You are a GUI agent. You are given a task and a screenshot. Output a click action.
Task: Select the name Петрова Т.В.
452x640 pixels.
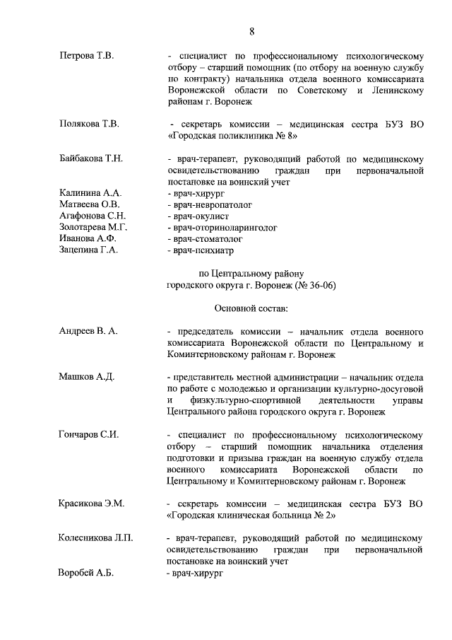coord(86,54)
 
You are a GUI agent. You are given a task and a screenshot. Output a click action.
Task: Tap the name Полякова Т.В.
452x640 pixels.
coord(89,124)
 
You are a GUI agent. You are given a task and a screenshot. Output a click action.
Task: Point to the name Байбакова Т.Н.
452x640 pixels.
coord(90,158)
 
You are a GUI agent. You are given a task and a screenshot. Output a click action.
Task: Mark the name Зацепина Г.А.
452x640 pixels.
coord(88,250)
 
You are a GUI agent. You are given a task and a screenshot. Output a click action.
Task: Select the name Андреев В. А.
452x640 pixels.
coord(88,331)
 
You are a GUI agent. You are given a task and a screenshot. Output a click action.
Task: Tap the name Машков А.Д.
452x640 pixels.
coord(86,376)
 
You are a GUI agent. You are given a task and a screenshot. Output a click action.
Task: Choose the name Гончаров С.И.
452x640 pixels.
coord(88,434)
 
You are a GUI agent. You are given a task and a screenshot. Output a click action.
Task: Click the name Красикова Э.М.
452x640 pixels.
coord(91,503)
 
